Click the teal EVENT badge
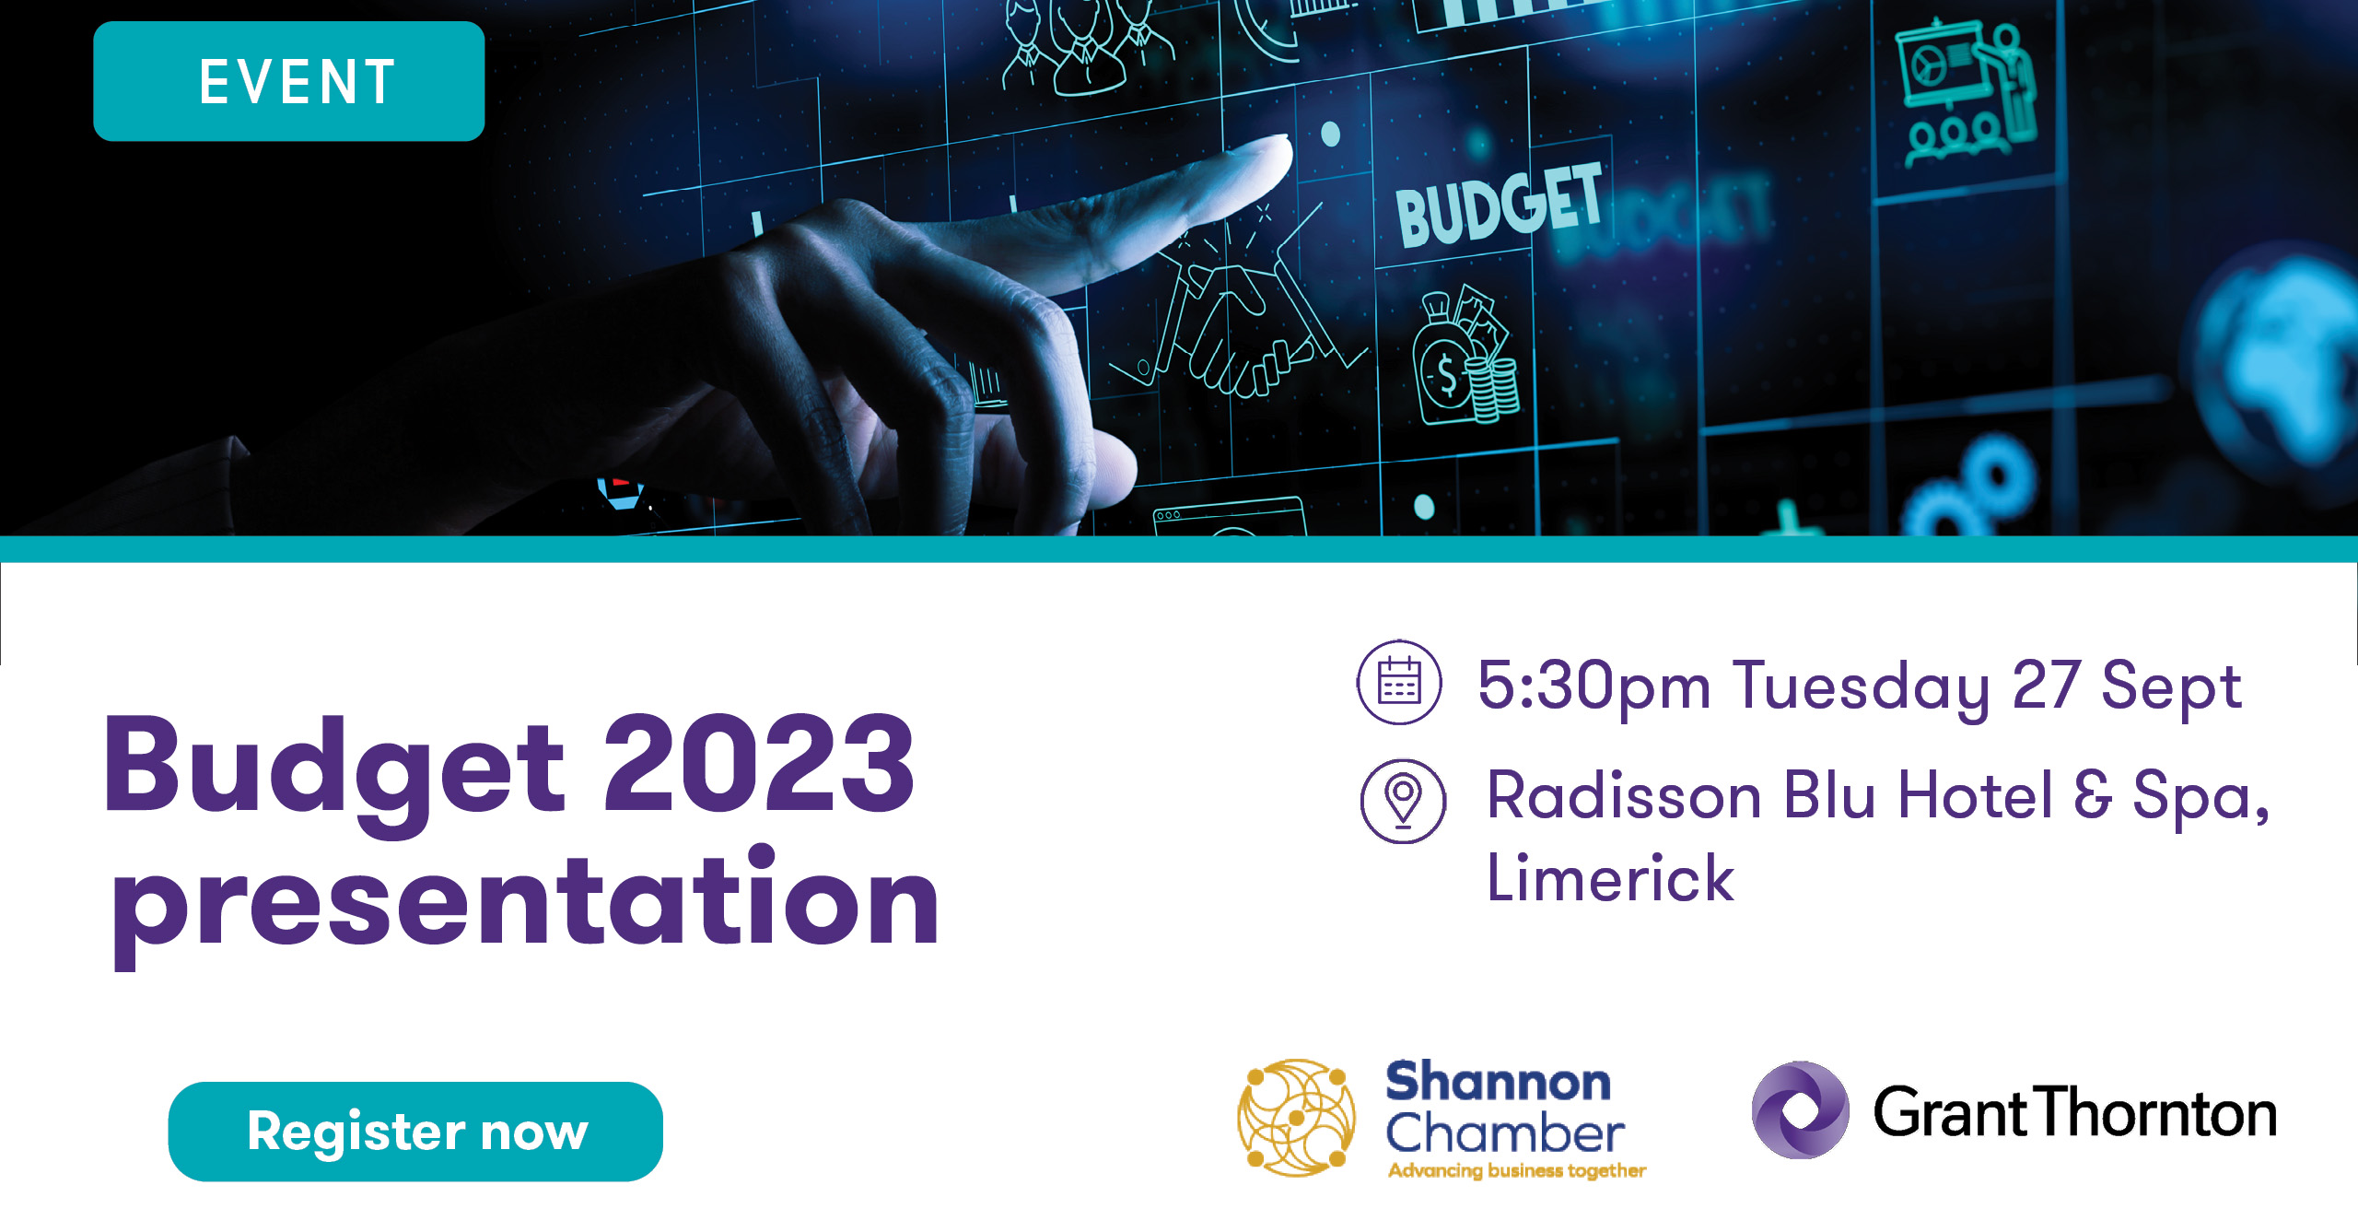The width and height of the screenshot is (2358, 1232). click(x=288, y=81)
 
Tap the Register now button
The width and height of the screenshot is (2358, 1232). click(x=415, y=1131)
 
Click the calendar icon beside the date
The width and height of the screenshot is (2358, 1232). click(x=1399, y=682)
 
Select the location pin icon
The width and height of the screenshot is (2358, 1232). click(x=1403, y=800)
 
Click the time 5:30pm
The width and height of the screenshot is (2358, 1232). click(x=1593, y=687)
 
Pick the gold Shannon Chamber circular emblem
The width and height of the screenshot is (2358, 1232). click(x=1296, y=1117)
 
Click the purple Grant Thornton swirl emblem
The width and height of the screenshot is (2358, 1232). click(x=1800, y=1109)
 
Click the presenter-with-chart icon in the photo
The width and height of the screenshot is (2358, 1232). click(x=1967, y=92)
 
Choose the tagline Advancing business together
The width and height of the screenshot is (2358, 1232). click(x=1517, y=1170)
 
